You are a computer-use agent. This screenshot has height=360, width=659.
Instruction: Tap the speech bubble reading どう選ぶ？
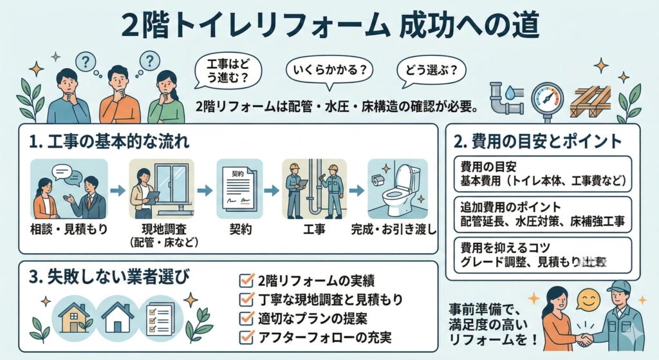pyautogui.click(x=431, y=69)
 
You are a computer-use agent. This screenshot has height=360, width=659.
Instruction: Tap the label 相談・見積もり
pyautogui.click(x=68, y=229)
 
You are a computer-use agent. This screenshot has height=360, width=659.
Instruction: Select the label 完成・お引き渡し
pyautogui.click(x=394, y=229)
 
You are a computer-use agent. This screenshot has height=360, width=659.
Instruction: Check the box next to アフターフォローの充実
pyautogui.click(x=245, y=336)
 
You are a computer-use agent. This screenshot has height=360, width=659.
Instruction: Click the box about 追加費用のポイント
pyautogui.click(x=542, y=215)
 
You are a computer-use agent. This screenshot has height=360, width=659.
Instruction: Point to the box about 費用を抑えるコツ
pyautogui.click(x=542, y=254)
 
